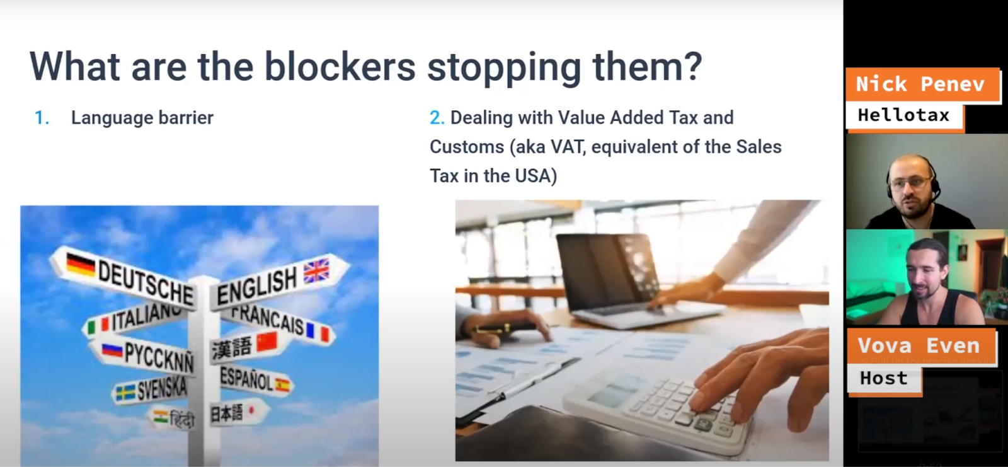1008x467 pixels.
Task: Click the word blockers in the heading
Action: [340, 67]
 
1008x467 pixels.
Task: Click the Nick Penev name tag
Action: [922, 84]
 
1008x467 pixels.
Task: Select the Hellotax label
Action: [904, 116]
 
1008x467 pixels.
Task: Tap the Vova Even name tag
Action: [920, 346]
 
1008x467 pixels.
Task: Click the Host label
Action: [885, 378]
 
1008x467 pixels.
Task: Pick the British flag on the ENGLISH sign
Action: [317, 270]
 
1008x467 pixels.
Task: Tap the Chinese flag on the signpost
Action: [267, 342]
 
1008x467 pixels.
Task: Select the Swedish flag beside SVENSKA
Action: [125, 393]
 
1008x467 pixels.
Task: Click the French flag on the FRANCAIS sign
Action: [318, 333]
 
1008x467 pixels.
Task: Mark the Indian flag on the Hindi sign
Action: [160, 417]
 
